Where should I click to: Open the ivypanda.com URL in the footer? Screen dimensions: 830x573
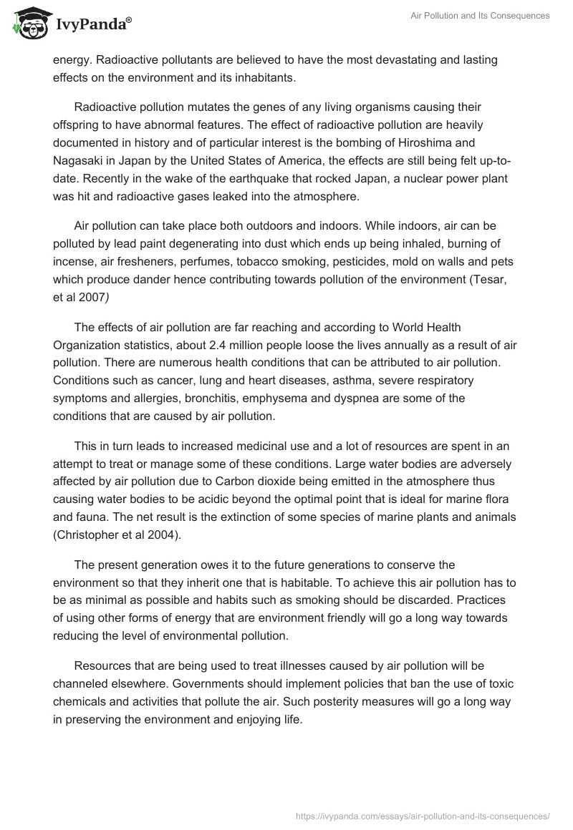pyautogui.click(x=423, y=815)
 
